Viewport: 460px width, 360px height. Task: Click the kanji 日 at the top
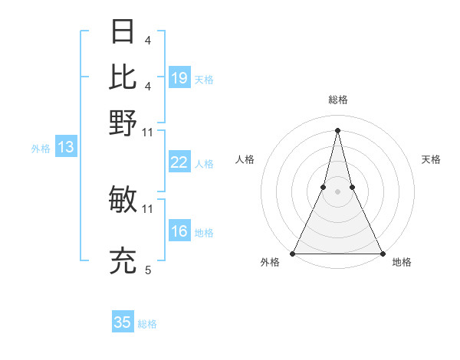pyautogui.click(x=123, y=31)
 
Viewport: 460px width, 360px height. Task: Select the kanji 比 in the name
pyautogui.click(x=123, y=77)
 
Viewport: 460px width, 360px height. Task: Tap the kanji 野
pyautogui.click(x=123, y=123)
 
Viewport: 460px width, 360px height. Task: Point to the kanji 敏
pyautogui.click(x=123, y=200)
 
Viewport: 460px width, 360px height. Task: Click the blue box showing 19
pyautogui.click(x=179, y=78)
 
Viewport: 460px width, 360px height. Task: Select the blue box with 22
pyautogui.click(x=179, y=162)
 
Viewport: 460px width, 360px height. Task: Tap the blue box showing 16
pyautogui.click(x=179, y=231)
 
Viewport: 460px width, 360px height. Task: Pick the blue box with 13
pyautogui.click(x=65, y=147)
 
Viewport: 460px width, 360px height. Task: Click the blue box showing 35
pyautogui.click(x=123, y=322)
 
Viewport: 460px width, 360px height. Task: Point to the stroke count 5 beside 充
pyautogui.click(x=148, y=270)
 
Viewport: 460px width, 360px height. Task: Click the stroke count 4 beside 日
pyautogui.click(x=157, y=40)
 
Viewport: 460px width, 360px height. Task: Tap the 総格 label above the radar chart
pyautogui.click(x=338, y=100)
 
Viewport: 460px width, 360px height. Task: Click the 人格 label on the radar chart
pyautogui.click(x=245, y=159)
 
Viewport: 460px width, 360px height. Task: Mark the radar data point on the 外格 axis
pyautogui.click(x=294, y=254)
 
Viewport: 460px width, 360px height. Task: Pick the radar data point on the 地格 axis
pyautogui.click(x=382, y=254)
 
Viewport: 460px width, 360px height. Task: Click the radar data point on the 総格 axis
pyautogui.click(x=338, y=129)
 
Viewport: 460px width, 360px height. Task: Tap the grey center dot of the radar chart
pyautogui.click(x=338, y=192)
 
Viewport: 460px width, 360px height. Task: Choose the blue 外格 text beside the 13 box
pyautogui.click(x=40, y=149)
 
